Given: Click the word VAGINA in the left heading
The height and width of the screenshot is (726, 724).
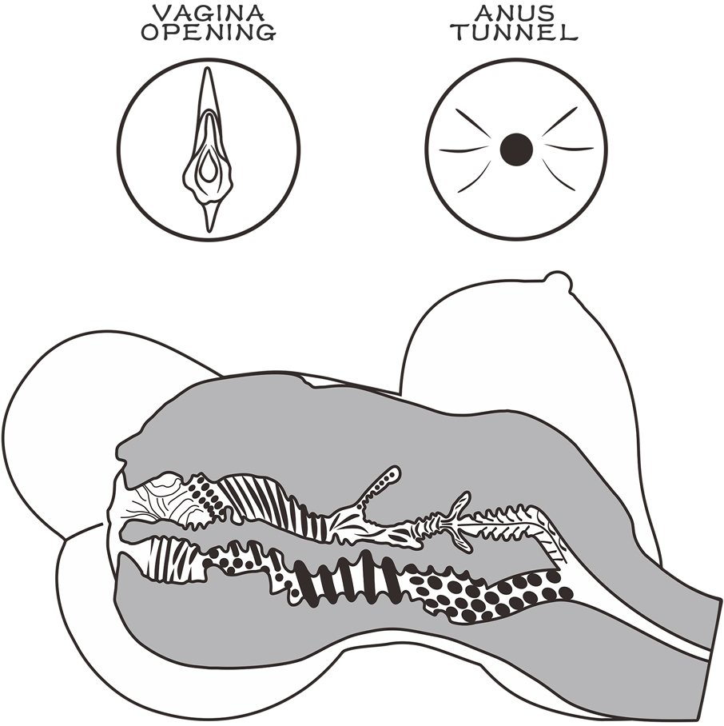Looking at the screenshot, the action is tap(209, 13).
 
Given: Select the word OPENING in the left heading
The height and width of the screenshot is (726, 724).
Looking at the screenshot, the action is tap(209, 33).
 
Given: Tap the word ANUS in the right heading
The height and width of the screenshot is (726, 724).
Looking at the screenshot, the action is tap(515, 13).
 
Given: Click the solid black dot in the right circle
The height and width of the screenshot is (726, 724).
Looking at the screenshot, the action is tap(516, 149).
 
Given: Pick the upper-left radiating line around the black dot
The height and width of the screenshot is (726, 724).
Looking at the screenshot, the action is tap(473, 122).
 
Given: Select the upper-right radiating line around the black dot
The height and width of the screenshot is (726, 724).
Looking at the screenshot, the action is tap(559, 122).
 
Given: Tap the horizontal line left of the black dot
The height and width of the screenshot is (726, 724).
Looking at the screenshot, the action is tap(463, 150).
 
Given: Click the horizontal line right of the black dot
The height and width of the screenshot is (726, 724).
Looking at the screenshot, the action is tap(569, 148).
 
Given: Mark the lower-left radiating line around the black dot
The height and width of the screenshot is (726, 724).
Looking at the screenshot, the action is tap(475, 177).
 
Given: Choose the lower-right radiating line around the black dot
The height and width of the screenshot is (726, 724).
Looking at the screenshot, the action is tap(559, 175).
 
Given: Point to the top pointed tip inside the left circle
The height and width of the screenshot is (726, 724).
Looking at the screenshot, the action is tap(208, 68).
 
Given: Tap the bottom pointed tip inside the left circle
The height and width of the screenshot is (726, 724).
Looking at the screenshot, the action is tap(210, 230).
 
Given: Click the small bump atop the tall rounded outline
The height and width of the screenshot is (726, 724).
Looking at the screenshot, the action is tap(558, 279).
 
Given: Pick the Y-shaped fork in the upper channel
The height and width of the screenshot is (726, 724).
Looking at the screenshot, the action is tap(455, 521).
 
